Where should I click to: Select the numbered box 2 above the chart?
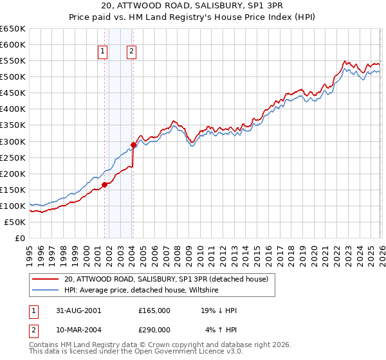pyautogui.click(x=131, y=52)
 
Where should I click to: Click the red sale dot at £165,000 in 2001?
pyautogui.click(x=104, y=184)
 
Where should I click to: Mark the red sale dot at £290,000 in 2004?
pyautogui.click(x=133, y=145)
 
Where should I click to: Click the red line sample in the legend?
pyautogui.click(x=46, y=279)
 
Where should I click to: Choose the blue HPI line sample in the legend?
pyautogui.click(x=46, y=290)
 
